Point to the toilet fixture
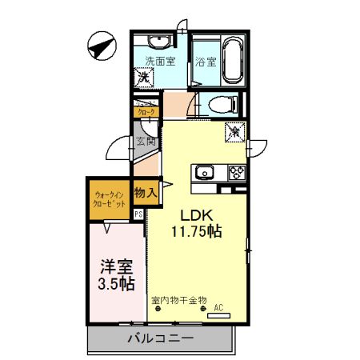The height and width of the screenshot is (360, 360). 222,105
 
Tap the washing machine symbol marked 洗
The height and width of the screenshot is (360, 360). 146,78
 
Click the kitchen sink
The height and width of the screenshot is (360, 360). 204,171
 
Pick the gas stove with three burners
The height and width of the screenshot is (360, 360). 236,171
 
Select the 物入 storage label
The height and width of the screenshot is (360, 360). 145,193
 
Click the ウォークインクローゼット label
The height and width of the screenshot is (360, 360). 110,200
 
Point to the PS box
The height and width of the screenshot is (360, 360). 138,214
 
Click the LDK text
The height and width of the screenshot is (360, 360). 194,214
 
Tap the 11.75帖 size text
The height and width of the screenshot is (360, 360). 195,232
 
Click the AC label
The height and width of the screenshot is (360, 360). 218,306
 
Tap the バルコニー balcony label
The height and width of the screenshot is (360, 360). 160,339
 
